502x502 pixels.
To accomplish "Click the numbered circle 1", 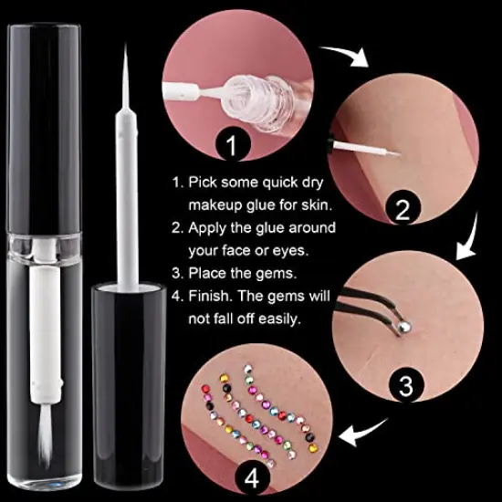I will pos(231,144).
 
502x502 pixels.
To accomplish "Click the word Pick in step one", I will pos(204,182).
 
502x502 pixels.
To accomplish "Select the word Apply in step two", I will pos(209,227).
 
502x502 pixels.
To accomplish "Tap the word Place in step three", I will pos(207,273).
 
